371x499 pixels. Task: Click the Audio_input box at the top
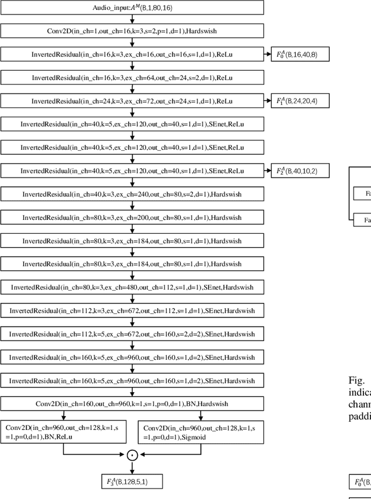(x=132, y=8)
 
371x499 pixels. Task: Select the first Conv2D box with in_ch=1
(x=132, y=31)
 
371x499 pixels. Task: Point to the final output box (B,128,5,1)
(x=131, y=481)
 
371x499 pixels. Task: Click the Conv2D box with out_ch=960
(x=132, y=403)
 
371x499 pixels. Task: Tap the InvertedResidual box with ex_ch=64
(x=132, y=77)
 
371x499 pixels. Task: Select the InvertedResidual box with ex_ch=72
(x=132, y=101)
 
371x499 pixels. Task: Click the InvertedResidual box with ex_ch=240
(x=132, y=194)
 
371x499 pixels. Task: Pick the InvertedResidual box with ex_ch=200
(x=132, y=217)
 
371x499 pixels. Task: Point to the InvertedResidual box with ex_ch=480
(x=132, y=287)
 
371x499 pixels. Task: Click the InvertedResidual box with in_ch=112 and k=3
(x=132, y=310)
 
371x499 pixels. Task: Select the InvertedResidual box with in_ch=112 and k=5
(x=132, y=334)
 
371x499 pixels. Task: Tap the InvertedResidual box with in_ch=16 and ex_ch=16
(x=132, y=54)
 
